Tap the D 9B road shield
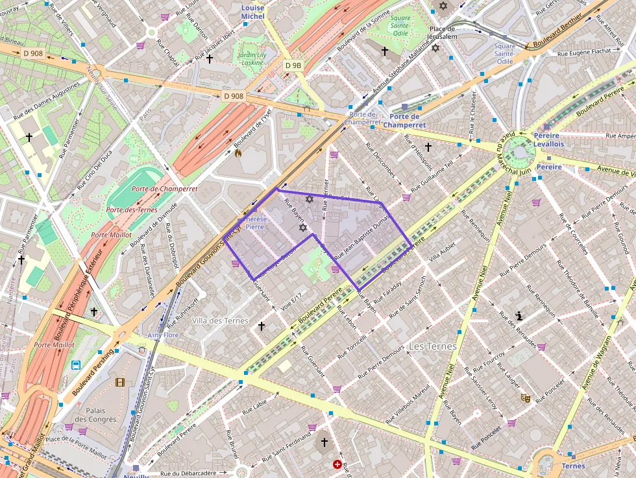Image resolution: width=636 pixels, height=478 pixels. (x=293, y=66)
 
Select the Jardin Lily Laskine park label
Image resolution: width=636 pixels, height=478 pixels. (x=252, y=59)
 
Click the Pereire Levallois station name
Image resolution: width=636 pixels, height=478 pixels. (x=548, y=139)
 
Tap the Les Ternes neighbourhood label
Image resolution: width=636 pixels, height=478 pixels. (x=432, y=346)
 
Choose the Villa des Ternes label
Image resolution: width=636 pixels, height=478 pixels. (x=220, y=320)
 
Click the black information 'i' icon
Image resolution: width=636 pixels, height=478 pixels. (x=519, y=316)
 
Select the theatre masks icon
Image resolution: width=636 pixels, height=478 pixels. (x=525, y=398)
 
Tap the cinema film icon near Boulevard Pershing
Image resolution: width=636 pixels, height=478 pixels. (x=119, y=382)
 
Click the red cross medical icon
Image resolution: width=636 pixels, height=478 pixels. (x=337, y=464)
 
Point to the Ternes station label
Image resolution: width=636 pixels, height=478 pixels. (x=572, y=466)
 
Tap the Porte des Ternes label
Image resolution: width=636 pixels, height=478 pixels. (x=132, y=209)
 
